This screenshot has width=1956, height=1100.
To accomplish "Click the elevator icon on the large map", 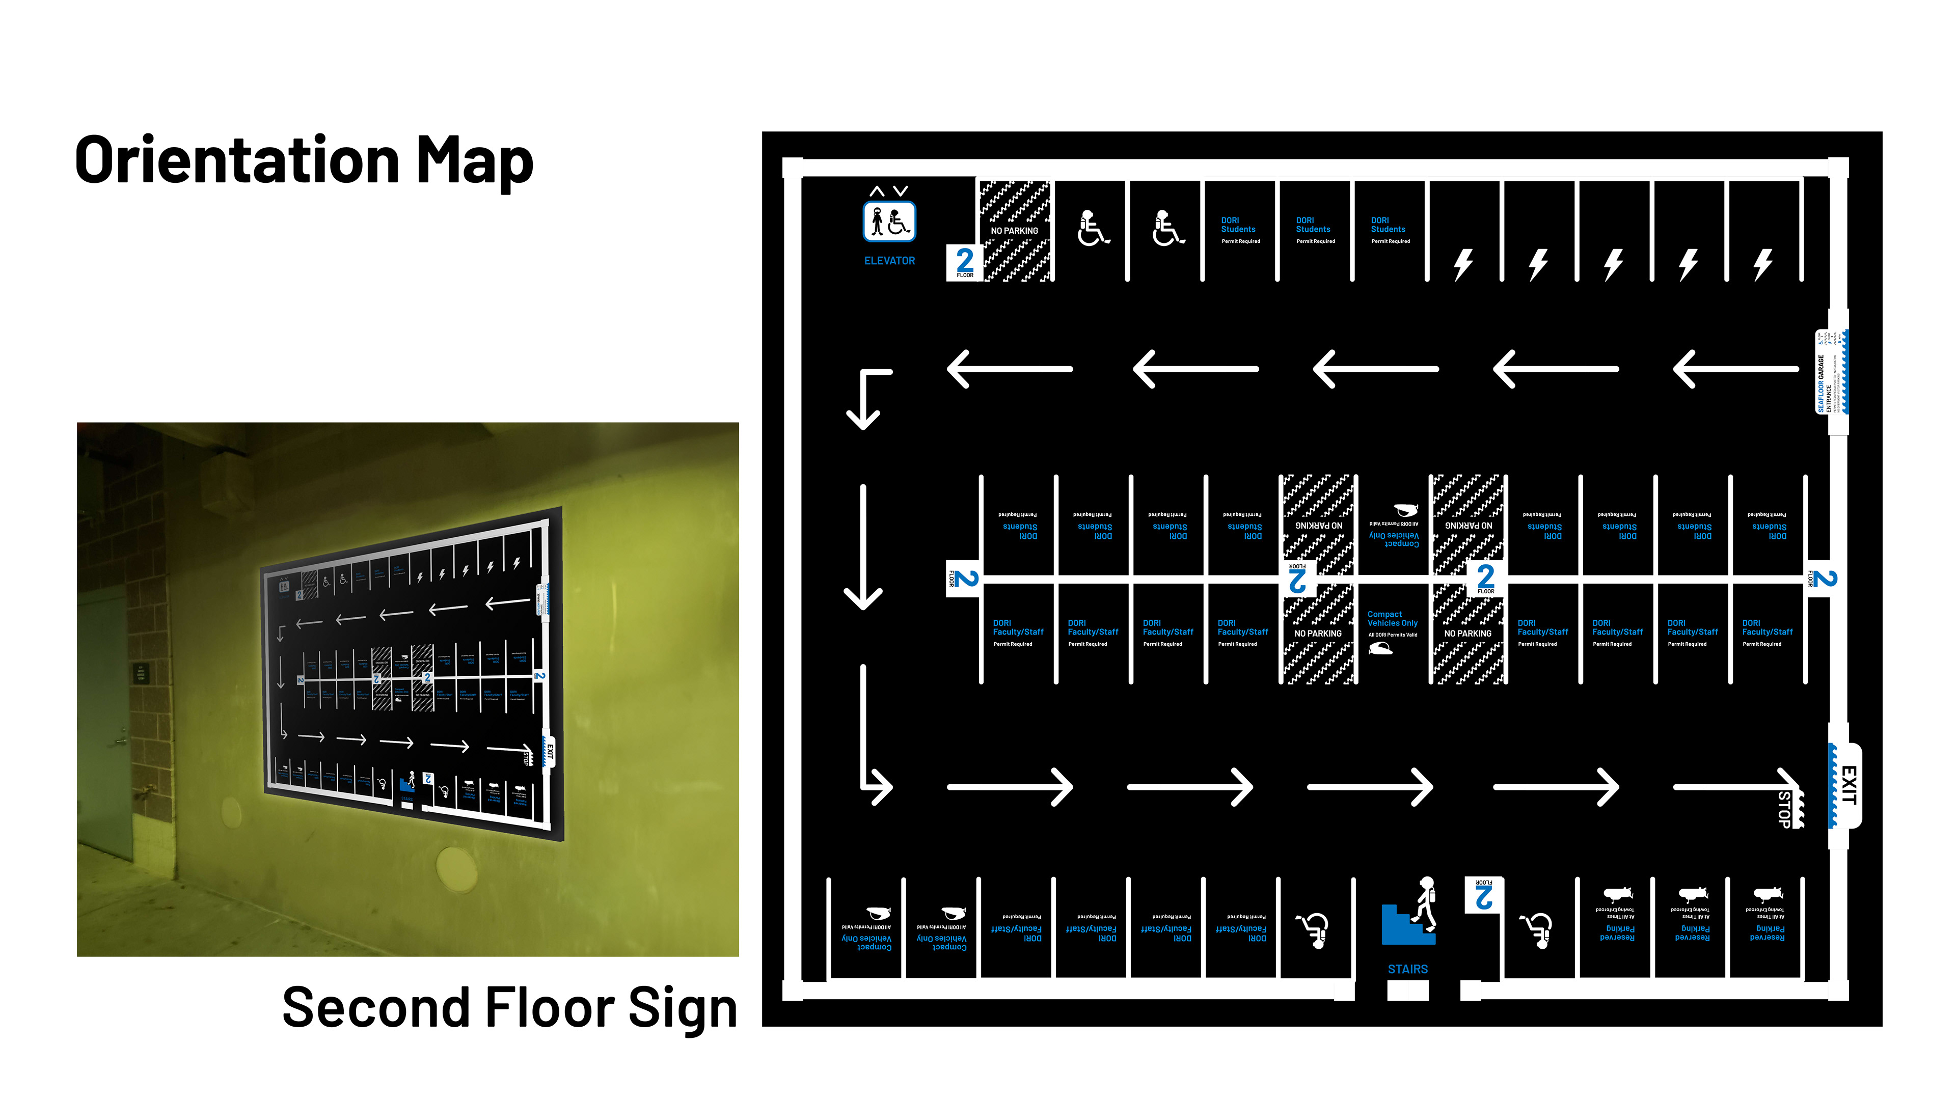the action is [889, 221].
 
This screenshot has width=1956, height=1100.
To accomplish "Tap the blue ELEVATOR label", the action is [889, 260].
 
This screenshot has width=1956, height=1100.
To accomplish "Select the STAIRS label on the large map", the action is [1407, 970].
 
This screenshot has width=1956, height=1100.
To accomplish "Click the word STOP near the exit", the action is [1784, 809].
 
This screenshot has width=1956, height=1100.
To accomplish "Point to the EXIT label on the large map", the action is [1848, 786].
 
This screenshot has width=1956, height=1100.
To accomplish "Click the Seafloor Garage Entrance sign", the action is [1830, 372].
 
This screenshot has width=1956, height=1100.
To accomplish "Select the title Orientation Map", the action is [304, 161].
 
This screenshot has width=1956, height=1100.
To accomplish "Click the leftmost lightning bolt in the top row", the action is [1463, 265].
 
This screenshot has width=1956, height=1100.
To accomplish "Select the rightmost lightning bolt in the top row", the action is [1763, 265].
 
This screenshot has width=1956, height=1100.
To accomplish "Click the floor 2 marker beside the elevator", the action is [964, 263].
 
